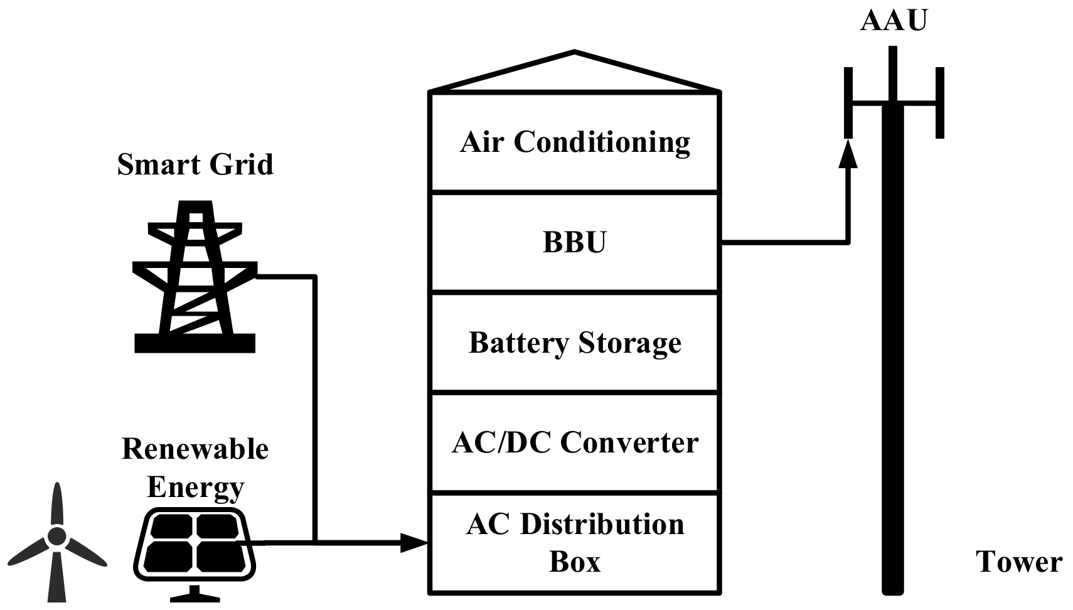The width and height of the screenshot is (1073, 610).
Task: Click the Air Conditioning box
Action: pos(574,142)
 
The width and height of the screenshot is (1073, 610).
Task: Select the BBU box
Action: pos(574,242)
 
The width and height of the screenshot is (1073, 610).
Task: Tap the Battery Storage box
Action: pos(574,343)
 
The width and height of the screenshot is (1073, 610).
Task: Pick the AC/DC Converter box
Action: pos(574,442)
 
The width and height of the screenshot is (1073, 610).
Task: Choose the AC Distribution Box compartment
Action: pos(574,543)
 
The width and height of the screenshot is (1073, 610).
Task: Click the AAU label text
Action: pos(893,20)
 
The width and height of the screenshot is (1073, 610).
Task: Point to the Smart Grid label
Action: pos(195,164)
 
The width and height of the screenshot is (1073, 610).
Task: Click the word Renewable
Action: pos(195,449)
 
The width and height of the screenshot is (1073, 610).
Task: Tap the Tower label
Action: pos(1018,562)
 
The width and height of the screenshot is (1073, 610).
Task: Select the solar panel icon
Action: pos(195,543)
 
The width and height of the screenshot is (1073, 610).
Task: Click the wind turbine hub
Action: pos(57,536)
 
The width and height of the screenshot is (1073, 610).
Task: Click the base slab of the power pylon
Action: pos(195,343)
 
